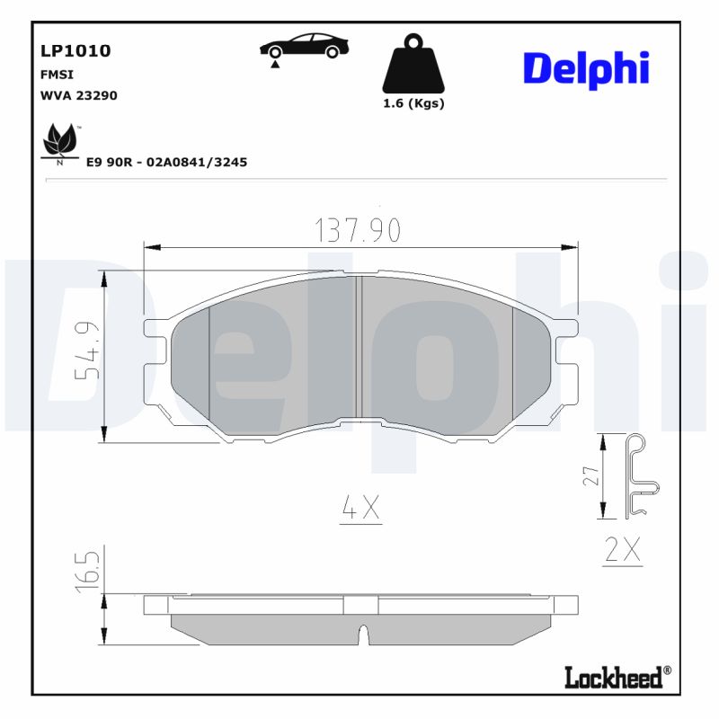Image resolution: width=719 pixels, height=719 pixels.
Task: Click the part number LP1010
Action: click(x=75, y=51)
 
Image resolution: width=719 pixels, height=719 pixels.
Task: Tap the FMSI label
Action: click(x=56, y=75)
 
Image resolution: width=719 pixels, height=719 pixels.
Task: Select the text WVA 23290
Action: click(x=79, y=94)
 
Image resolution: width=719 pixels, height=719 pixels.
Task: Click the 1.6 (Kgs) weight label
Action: click(x=413, y=103)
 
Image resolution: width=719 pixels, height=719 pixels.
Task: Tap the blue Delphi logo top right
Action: click(x=585, y=67)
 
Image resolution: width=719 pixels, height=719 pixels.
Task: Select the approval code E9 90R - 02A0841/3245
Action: click(x=166, y=162)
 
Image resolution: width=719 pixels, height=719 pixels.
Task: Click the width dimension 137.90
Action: click(x=358, y=231)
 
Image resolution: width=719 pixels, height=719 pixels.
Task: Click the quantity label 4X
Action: click(x=361, y=510)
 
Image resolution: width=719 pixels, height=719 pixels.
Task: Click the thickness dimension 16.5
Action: click(x=86, y=572)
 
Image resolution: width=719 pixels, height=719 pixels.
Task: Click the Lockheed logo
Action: click(x=617, y=676)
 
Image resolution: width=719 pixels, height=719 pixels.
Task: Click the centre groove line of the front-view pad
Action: click(x=359, y=346)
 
